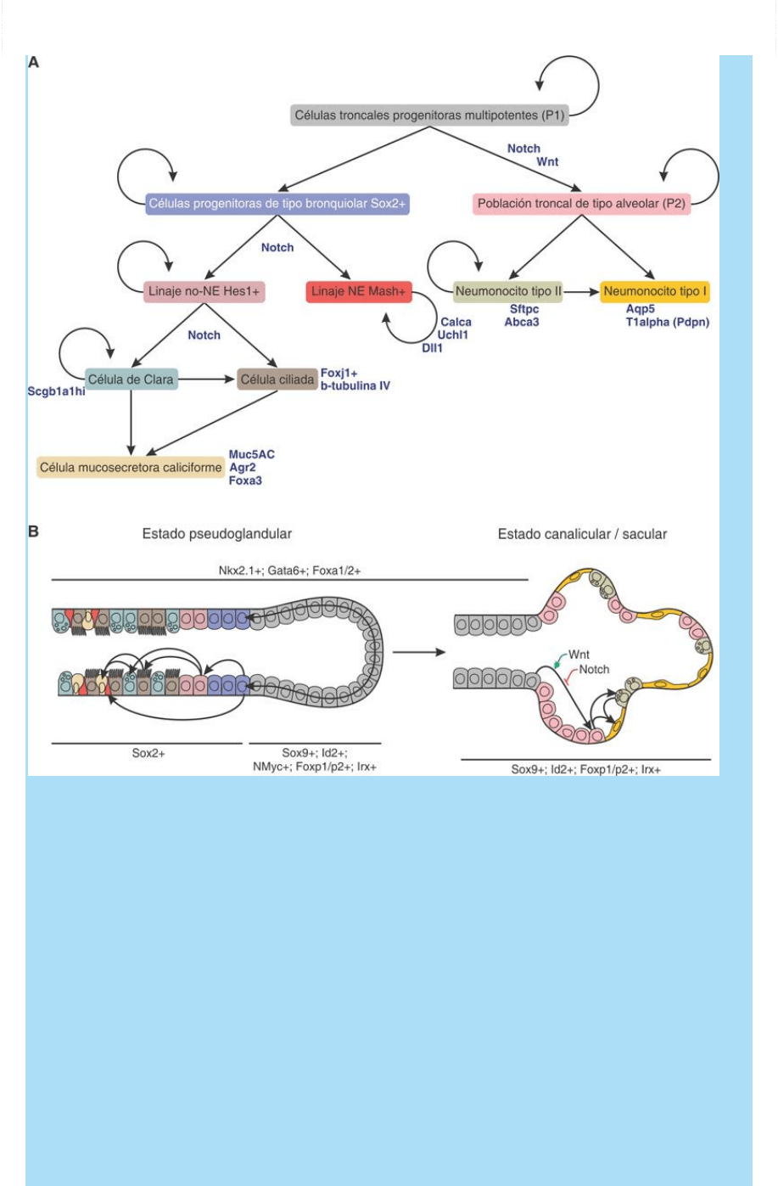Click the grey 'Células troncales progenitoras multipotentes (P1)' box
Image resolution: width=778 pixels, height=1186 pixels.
pyautogui.click(x=428, y=115)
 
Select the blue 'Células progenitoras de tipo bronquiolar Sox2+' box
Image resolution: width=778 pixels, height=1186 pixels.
pyautogui.click(x=277, y=204)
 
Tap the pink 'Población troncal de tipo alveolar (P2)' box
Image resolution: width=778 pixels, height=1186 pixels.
pyautogui.click(x=581, y=204)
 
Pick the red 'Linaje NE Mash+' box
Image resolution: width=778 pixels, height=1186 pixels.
pyautogui.click(x=358, y=291)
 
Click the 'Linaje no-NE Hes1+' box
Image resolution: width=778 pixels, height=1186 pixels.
pyautogui.click(x=204, y=291)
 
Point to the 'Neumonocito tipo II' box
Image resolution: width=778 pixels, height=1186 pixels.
pyautogui.click(x=508, y=291)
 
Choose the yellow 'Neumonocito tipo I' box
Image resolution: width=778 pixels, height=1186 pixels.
pyautogui.click(x=656, y=291)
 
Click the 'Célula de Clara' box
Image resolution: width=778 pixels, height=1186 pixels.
pyautogui.click(x=131, y=379)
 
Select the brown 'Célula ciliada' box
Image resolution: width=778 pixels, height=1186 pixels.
pyautogui.click(x=277, y=379)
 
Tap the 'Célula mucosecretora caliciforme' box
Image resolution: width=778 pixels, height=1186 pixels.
pyautogui.click(x=131, y=467)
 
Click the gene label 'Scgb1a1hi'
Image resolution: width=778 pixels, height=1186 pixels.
pyautogui.click(x=56, y=392)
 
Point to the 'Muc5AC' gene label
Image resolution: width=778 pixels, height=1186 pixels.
pyautogui.click(x=251, y=454)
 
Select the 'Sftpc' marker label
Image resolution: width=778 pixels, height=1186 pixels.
pyautogui.click(x=523, y=310)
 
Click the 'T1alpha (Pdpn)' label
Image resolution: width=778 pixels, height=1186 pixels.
pyautogui.click(x=668, y=322)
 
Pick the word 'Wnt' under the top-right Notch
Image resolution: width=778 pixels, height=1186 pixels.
pyautogui.click(x=547, y=161)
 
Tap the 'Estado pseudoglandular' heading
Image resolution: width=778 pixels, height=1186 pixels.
pyautogui.click(x=216, y=534)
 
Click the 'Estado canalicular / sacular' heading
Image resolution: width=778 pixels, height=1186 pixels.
pyautogui.click(x=582, y=534)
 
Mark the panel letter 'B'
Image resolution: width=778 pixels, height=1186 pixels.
pyautogui.click(x=34, y=531)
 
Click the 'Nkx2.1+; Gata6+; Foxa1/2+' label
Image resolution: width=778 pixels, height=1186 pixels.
pyautogui.click(x=288, y=571)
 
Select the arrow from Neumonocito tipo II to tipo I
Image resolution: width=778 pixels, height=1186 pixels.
pyautogui.click(x=582, y=291)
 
